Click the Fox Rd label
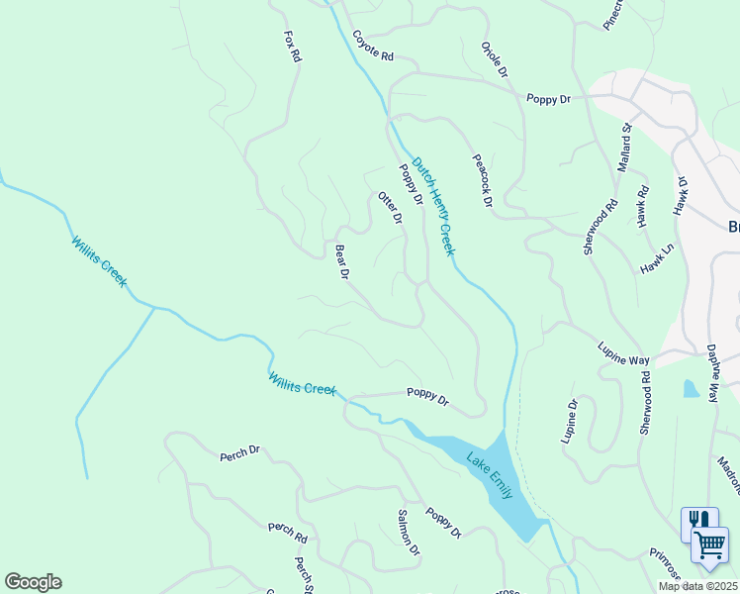pyautogui.click(x=292, y=48)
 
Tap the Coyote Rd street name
pyautogui.click(x=372, y=46)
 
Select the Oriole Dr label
pyautogui.click(x=495, y=60)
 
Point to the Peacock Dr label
pyautogui.click(x=482, y=179)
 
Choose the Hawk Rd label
pyautogui.click(x=642, y=207)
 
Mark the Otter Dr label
pyautogui.click(x=391, y=208)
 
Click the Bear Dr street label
pyautogui.click(x=342, y=262)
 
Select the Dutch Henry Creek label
pyautogui.click(x=433, y=206)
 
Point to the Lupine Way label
pyautogui.click(x=622, y=353)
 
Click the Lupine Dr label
pyautogui.click(x=571, y=422)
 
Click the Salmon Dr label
pyautogui.click(x=409, y=532)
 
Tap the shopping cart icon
pyautogui.click(x=709, y=545)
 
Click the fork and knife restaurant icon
pyautogui.click(x=699, y=520)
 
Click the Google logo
pyautogui.click(x=33, y=582)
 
